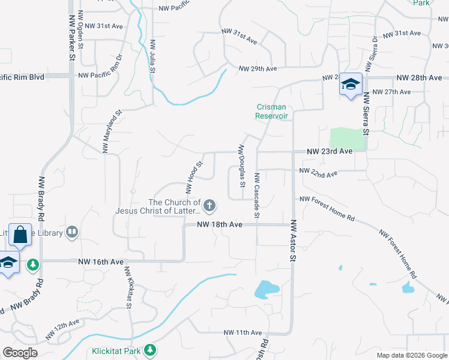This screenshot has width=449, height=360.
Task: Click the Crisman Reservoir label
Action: [x=272, y=111]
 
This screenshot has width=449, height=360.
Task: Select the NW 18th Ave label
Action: [x=220, y=224]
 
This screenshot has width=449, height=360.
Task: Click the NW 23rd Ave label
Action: [x=329, y=152]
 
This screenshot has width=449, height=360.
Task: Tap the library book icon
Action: [x=72, y=232]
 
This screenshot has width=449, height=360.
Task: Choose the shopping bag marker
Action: [x=20, y=235]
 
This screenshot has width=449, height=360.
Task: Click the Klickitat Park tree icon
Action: [x=150, y=350]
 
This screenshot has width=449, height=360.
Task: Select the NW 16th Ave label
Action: [x=100, y=262]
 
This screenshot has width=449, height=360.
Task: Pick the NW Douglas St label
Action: [x=243, y=166]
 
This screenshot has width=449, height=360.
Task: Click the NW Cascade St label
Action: [x=256, y=195]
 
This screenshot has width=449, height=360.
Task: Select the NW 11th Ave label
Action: [x=243, y=332]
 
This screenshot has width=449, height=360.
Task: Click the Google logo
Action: [x=20, y=353]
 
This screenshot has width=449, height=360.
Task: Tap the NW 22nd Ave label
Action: [x=318, y=173]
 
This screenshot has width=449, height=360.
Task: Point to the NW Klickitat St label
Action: [x=128, y=287]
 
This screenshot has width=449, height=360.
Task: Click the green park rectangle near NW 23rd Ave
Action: [x=347, y=139]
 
